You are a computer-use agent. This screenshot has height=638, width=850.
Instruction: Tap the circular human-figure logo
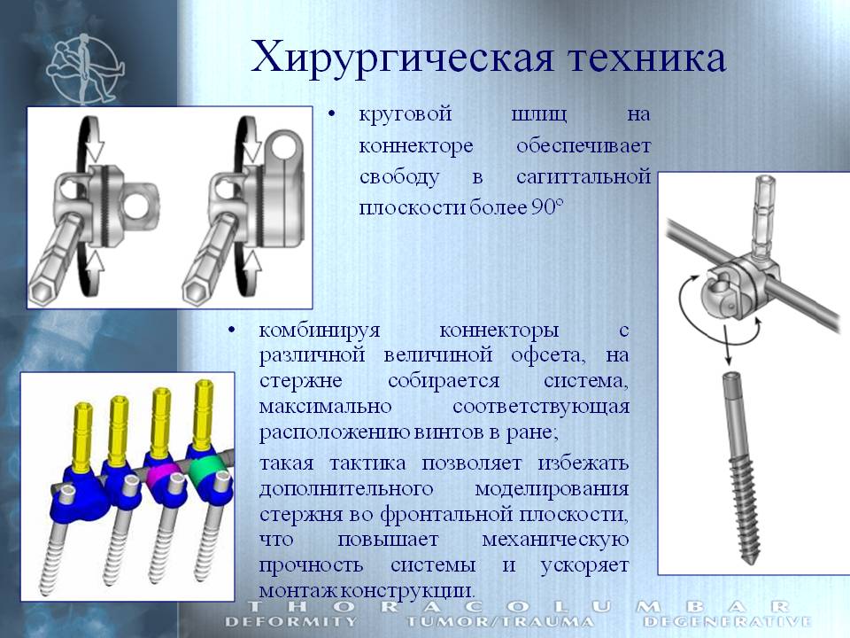click(85, 68)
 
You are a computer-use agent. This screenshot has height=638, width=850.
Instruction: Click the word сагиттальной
click(583, 176)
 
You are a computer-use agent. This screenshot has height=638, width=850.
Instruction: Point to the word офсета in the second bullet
click(548, 354)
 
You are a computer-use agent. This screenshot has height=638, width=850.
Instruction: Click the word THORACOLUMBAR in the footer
click(518, 606)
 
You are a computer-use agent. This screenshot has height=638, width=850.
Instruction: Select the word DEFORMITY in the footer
click(290, 621)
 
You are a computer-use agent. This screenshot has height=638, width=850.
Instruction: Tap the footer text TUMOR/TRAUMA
click(499, 621)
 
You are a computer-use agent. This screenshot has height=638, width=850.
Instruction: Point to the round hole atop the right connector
click(284, 146)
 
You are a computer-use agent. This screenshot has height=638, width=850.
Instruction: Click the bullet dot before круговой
click(331, 114)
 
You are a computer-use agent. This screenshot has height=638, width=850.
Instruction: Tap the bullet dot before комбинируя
click(231, 330)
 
